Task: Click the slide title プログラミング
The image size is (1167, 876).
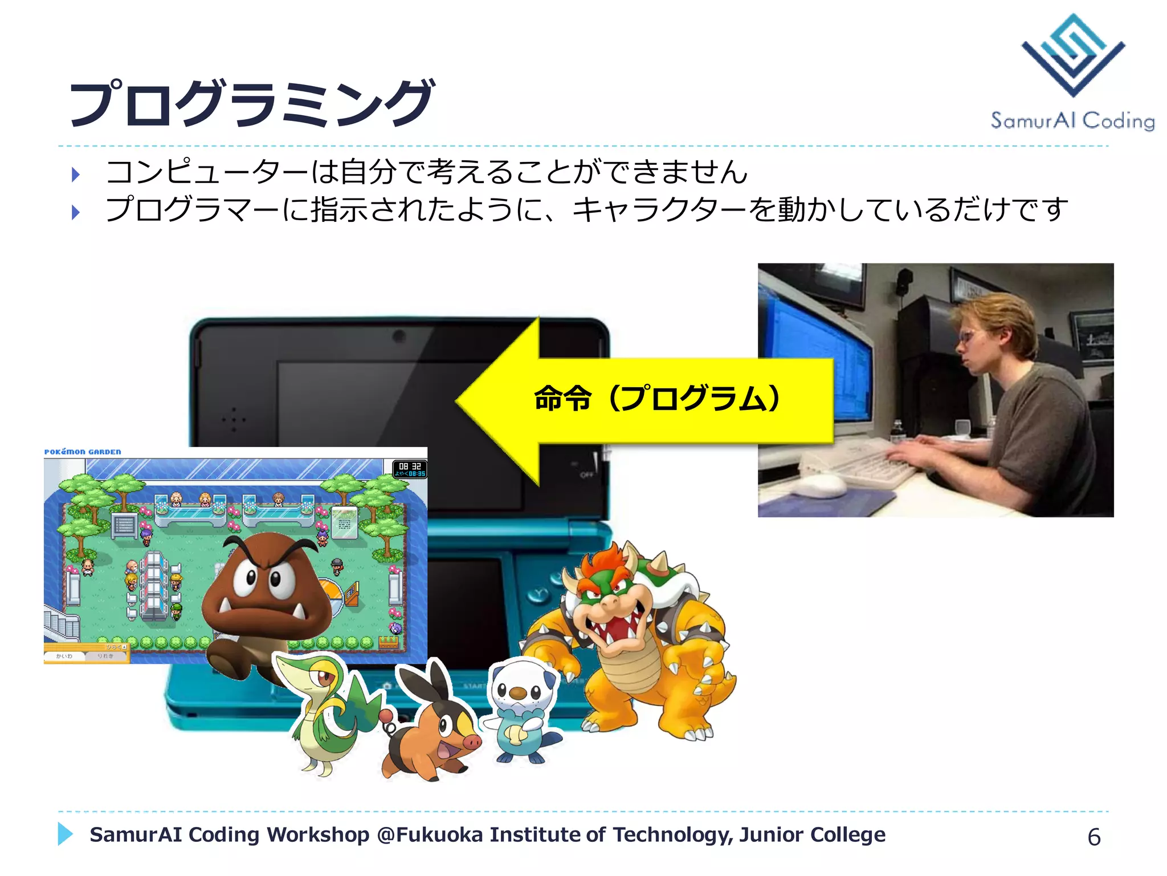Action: tap(251, 103)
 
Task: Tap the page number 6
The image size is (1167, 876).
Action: tap(1093, 837)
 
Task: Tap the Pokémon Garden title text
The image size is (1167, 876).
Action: tap(83, 452)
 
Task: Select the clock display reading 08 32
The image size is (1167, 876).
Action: tap(410, 467)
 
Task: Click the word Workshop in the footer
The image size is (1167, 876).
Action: tap(318, 835)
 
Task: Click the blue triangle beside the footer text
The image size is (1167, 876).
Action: tap(65, 834)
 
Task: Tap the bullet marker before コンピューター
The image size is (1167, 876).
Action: tap(76, 175)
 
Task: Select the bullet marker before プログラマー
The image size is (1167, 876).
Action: tap(76, 212)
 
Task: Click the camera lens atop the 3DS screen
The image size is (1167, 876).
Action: tap(399, 336)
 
